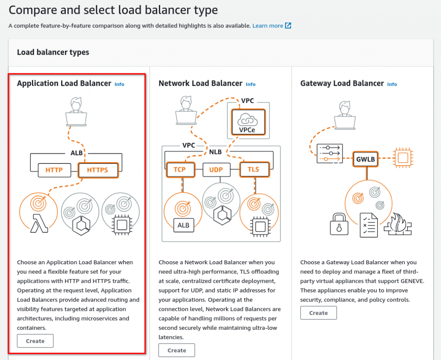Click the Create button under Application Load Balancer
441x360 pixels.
coord(35,341)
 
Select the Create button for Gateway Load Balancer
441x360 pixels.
coord(318,313)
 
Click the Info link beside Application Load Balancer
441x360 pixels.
coord(119,84)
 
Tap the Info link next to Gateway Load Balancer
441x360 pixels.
coord(392,84)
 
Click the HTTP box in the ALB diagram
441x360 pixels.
coord(54,170)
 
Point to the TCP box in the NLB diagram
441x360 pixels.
coord(180,169)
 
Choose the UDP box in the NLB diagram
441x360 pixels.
coord(216,170)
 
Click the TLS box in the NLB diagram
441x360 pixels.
coord(254,169)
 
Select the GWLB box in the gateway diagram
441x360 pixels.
coord(366,159)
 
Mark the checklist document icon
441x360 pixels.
coord(369,225)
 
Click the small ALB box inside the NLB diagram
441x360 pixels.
coord(183,224)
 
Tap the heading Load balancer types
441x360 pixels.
coord(53,52)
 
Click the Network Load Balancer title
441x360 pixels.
coord(200,83)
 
